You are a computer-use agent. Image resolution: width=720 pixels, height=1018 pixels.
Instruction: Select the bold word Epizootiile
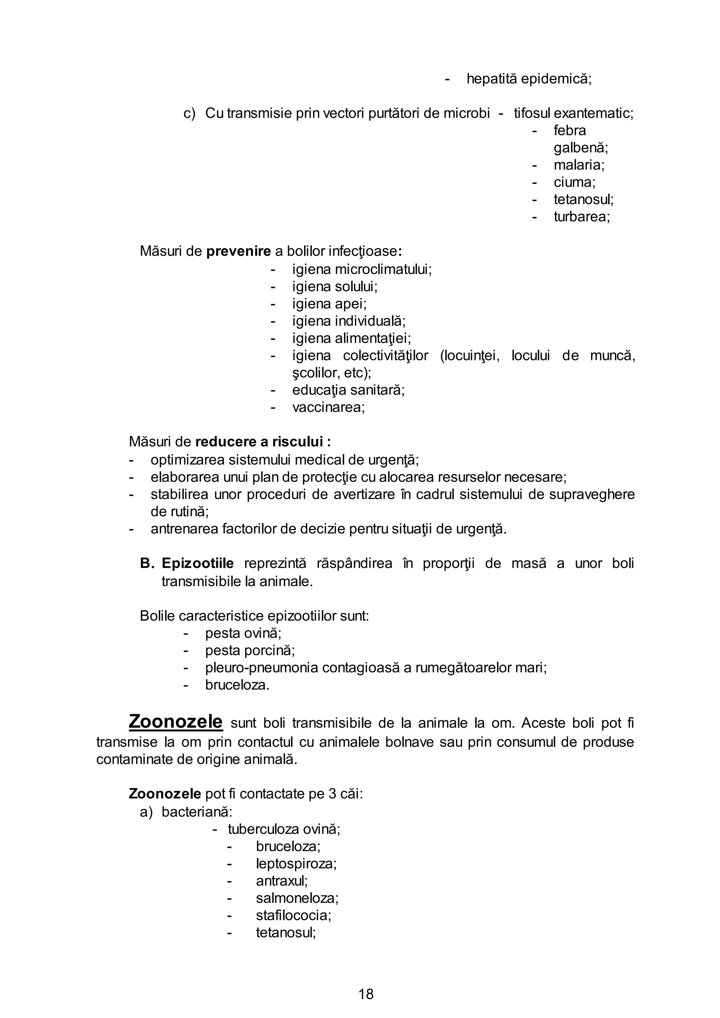tap(197, 563)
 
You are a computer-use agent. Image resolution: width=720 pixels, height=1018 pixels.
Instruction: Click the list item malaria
tap(579, 165)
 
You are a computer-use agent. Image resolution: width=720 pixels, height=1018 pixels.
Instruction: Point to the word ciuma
tap(574, 182)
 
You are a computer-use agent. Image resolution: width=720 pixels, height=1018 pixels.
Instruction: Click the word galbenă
tap(580, 148)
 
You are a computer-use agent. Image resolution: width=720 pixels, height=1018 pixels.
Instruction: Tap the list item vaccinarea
tap(328, 407)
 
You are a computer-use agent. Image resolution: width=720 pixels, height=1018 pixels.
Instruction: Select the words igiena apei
tap(329, 304)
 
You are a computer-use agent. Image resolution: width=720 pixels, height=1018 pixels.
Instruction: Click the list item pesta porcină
tap(250, 650)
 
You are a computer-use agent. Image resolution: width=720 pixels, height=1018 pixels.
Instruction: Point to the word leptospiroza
tap(296, 863)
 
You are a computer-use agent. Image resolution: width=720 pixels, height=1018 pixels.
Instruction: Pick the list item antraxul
tap(282, 881)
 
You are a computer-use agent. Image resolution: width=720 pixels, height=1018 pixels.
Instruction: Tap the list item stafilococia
tap(293, 915)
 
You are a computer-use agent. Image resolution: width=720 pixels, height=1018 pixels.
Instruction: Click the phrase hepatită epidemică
tap(528, 79)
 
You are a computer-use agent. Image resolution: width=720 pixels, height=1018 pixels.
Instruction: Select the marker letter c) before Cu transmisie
tap(189, 114)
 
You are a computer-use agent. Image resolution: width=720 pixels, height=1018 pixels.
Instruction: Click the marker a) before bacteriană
tap(146, 812)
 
